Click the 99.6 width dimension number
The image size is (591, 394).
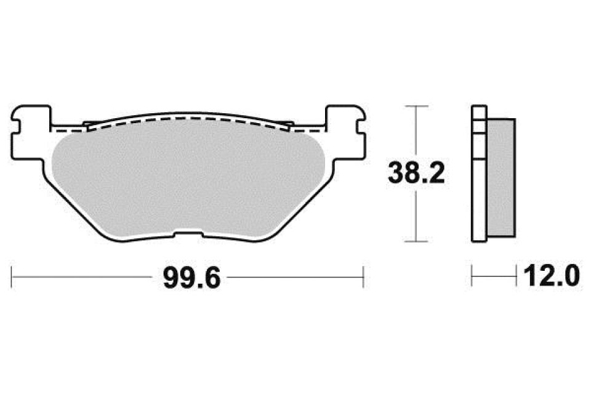[191, 278]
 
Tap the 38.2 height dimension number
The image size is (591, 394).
[416, 174]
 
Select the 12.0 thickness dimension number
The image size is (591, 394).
[551, 277]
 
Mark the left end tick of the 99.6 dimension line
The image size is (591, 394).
[13, 276]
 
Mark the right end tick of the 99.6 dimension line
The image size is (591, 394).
[364, 276]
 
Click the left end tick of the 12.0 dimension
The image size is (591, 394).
[472, 276]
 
